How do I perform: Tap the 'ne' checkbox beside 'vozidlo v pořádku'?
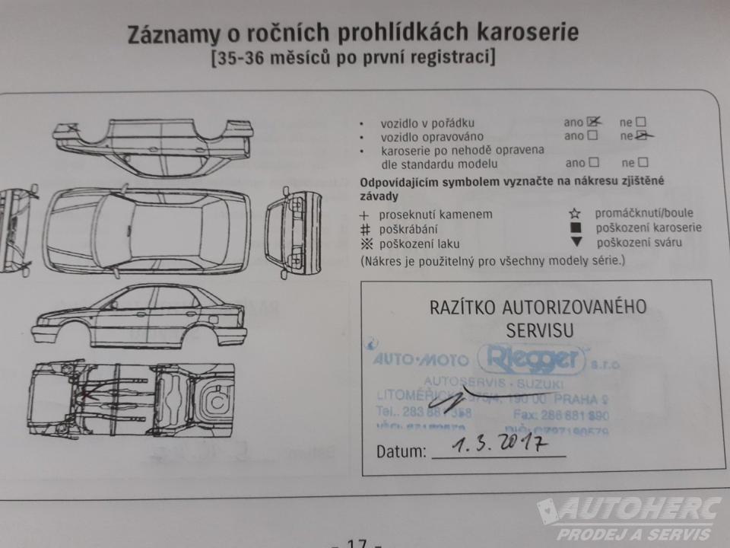(641, 122)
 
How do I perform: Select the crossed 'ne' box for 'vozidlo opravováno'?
(643, 135)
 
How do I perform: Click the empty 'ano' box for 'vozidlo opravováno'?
(593, 135)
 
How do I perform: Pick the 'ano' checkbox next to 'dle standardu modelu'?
(594, 162)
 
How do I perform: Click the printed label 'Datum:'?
(401, 451)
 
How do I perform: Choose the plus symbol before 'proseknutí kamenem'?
(364, 215)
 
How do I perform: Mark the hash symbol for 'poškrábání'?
(364, 229)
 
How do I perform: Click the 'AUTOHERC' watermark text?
(639, 509)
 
